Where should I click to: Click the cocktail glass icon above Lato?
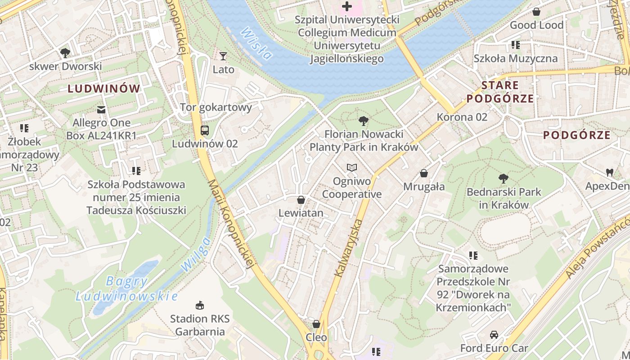pos(223,56)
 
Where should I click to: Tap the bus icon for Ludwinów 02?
pos(205,130)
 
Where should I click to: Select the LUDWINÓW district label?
pos(104,89)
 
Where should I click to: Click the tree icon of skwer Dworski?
pos(65,53)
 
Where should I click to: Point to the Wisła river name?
pos(256,44)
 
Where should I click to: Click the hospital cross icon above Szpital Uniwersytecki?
pos(347,6)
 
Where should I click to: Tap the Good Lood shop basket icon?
pos(536,12)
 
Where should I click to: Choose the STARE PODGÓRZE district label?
pos(500,92)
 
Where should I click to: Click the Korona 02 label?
pos(462,117)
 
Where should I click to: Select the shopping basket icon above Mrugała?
pos(424,173)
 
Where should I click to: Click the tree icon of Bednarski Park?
pos(504,179)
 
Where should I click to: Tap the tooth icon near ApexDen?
pos(610,172)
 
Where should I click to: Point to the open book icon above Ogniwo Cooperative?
pos(352,168)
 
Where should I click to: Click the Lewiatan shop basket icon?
pos(301,200)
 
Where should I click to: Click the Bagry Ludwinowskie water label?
pos(126,289)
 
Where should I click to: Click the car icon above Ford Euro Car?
pos(494,335)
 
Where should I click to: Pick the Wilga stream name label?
pos(196,254)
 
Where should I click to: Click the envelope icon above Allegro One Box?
pos(102,109)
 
